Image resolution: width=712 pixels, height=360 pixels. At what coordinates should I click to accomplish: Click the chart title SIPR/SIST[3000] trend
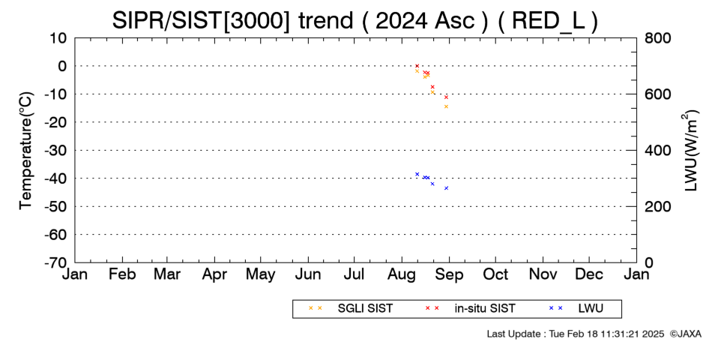click(232, 20)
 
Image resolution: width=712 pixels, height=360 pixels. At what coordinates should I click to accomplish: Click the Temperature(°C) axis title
click(26, 151)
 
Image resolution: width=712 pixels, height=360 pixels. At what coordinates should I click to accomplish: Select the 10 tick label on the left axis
click(58, 37)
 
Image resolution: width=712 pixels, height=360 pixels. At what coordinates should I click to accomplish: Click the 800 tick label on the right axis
click(657, 37)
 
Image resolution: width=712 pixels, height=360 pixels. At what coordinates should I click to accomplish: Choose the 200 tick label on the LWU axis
click(657, 206)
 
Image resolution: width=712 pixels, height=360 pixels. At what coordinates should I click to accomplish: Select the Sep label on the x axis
click(450, 274)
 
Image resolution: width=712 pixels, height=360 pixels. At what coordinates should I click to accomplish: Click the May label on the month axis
click(261, 274)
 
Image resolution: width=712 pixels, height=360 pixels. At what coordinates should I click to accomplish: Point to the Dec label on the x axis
click(589, 274)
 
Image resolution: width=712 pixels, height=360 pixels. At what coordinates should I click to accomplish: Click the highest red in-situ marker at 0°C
click(417, 66)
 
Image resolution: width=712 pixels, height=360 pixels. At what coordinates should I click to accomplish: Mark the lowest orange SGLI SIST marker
click(447, 106)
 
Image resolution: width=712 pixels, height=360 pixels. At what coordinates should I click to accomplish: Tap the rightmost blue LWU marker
click(447, 188)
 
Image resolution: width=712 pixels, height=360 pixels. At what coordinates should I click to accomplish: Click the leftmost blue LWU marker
click(417, 174)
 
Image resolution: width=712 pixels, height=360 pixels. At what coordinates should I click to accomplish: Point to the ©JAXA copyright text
click(686, 334)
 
